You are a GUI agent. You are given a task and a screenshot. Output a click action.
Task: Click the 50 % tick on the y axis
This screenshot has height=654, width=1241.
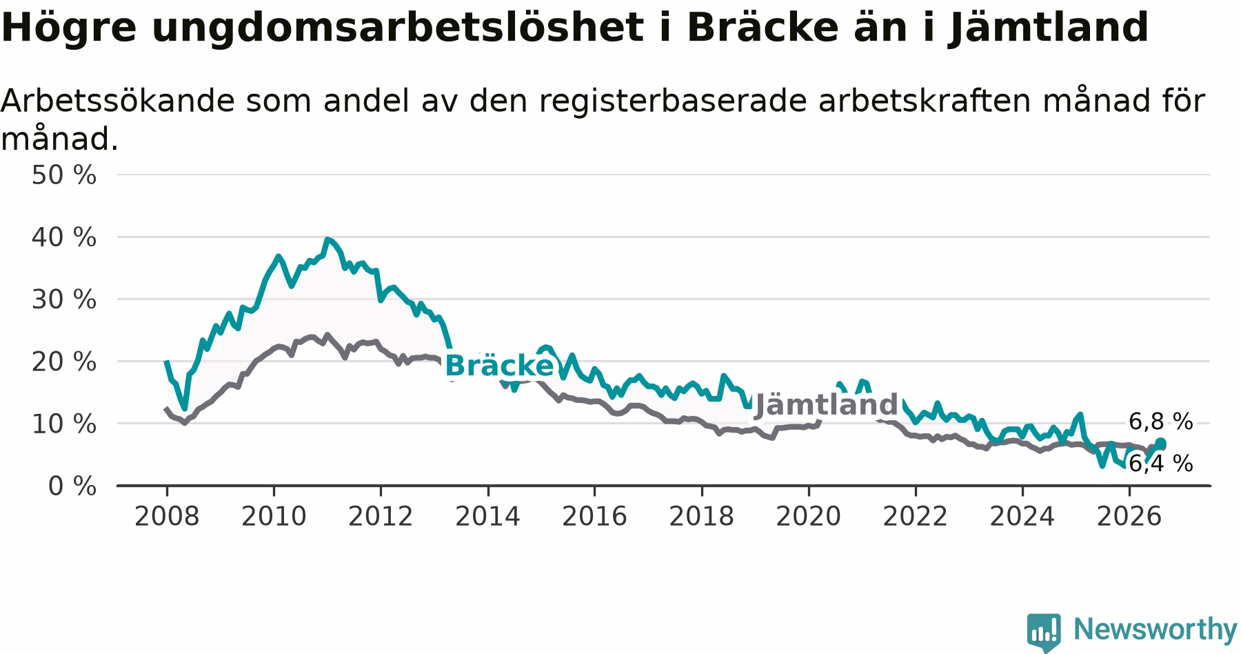[x=64, y=175]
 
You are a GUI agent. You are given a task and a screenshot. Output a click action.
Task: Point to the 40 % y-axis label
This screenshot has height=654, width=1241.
[x=64, y=237]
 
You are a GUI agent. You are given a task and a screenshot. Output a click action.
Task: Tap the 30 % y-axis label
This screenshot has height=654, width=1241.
[x=64, y=299]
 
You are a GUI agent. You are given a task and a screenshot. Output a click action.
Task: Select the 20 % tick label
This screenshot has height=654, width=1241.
[x=64, y=361]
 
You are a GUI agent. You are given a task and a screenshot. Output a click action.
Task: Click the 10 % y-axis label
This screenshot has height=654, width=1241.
[x=64, y=424]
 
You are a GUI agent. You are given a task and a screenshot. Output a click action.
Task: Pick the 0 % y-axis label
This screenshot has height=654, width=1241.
[x=72, y=486]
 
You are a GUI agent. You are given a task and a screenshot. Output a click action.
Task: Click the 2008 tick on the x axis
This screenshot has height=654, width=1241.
[x=167, y=516]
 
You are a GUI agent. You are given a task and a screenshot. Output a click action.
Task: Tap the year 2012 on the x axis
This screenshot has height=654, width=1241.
[x=381, y=516]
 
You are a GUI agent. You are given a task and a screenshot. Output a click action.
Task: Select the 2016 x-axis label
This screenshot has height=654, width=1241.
[x=594, y=516]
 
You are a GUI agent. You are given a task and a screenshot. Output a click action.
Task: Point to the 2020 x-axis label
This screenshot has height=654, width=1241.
[x=809, y=516]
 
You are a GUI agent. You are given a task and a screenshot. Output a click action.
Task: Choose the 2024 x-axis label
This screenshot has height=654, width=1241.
[x=1022, y=516]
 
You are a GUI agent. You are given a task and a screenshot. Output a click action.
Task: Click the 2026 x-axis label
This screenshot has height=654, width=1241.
[x=1129, y=516]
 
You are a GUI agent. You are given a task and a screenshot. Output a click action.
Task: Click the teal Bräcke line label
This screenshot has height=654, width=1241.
[x=499, y=366]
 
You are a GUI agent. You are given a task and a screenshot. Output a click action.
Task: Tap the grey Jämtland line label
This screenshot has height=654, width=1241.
[x=827, y=405]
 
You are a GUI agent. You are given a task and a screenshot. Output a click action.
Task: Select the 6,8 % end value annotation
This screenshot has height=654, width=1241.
[x=1160, y=422]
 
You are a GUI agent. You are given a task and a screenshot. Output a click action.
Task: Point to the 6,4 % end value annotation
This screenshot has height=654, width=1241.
[x=1160, y=464]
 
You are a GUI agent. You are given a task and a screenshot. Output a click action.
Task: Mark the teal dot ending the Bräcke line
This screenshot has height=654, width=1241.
[x=1160, y=443]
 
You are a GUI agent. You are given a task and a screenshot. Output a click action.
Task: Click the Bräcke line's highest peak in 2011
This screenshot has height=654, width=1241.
[x=327, y=239]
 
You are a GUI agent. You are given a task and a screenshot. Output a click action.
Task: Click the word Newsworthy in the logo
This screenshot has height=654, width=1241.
[x=1155, y=629]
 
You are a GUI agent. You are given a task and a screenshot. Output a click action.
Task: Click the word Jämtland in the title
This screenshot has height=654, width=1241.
[x=1048, y=28]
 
